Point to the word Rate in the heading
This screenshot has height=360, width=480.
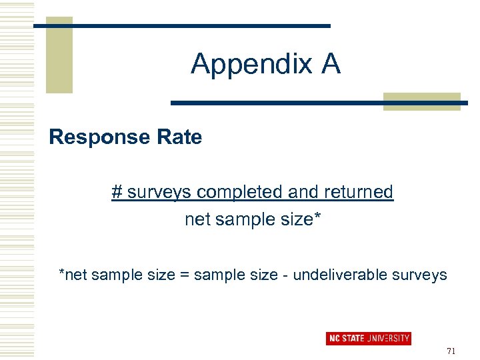coord(179,137)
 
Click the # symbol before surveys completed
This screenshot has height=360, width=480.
coord(117,192)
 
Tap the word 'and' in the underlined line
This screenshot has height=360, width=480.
coord(302,192)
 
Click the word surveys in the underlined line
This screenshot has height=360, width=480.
coord(159,193)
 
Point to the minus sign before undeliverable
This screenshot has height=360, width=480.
coord(285,275)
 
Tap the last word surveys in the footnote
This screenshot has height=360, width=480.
coord(421,275)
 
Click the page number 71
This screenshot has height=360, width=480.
coord(451,351)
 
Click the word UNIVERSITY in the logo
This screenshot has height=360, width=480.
coord(388,339)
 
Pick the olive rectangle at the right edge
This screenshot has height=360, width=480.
coord(421,101)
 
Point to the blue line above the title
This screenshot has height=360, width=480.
coord(181,26)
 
